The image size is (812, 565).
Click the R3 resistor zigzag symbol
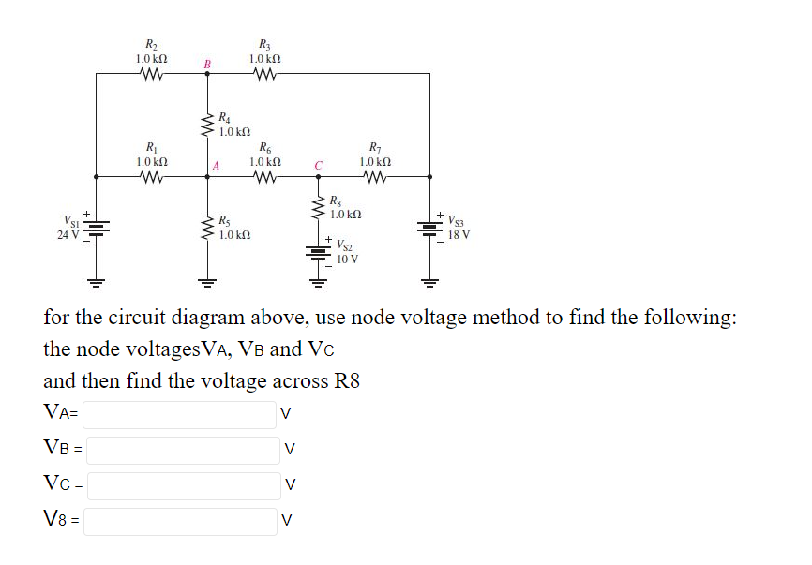(x=265, y=74)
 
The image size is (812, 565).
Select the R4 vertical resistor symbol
(x=205, y=123)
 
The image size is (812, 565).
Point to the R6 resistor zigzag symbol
(x=265, y=176)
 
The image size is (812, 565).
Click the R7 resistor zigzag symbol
(x=376, y=176)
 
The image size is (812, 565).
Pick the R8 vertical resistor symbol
(x=319, y=208)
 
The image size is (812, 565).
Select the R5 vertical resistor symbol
(x=205, y=228)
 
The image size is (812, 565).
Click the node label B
(x=208, y=64)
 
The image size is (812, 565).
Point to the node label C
(x=319, y=166)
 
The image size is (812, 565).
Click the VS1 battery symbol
(x=95, y=228)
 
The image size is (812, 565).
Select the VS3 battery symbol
(x=429, y=228)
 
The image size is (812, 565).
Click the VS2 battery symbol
(x=319, y=250)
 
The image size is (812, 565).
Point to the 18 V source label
(x=459, y=234)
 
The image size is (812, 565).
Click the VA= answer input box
(x=180, y=413)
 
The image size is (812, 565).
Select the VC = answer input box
(x=184, y=484)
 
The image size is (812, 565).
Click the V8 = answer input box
(x=180, y=520)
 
